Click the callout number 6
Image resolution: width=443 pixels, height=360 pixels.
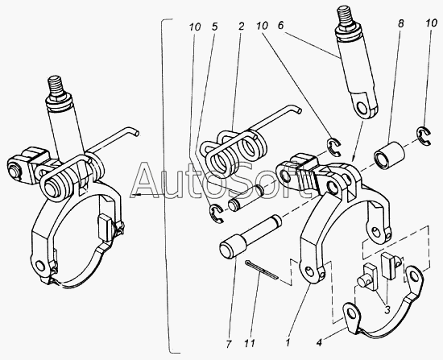click(x=280, y=26)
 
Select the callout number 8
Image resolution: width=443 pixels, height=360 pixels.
click(x=400, y=23)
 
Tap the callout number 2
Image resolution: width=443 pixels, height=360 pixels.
click(x=241, y=27)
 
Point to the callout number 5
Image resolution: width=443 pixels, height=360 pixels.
click(x=214, y=27)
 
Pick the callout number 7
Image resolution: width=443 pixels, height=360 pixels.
click(x=229, y=344)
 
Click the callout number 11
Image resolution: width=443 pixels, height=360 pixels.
click(x=250, y=343)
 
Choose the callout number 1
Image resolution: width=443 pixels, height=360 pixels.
click(x=288, y=343)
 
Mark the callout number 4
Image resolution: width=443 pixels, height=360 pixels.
click(x=319, y=343)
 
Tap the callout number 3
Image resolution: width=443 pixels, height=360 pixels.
click(x=387, y=310)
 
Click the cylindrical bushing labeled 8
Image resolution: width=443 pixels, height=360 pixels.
click(x=389, y=155)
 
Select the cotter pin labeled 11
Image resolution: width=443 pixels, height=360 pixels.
click(x=262, y=269)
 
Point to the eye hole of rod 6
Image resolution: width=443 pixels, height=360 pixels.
click(x=362, y=107)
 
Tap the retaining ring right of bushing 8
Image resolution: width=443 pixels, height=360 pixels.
click(x=424, y=136)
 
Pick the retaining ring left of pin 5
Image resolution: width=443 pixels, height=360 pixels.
click(x=216, y=213)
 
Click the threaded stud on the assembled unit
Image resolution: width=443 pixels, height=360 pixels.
click(x=56, y=87)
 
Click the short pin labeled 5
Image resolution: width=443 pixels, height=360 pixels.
click(x=246, y=197)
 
